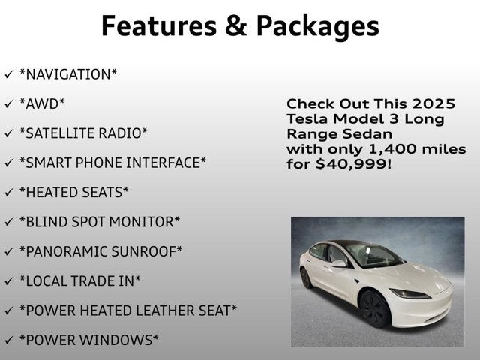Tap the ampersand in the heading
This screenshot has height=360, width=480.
pyautogui.click(x=237, y=25)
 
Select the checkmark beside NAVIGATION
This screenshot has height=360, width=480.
pyautogui.click(x=9, y=74)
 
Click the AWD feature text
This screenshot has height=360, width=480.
pyautogui.click(x=42, y=103)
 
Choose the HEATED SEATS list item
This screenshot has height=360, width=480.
pyautogui.click(x=73, y=193)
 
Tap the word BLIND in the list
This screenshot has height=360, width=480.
pyautogui.click(x=43, y=222)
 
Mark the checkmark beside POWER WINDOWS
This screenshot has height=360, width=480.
pyautogui.click(x=9, y=340)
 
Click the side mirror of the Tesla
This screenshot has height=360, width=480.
pyautogui.click(x=340, y=263)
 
